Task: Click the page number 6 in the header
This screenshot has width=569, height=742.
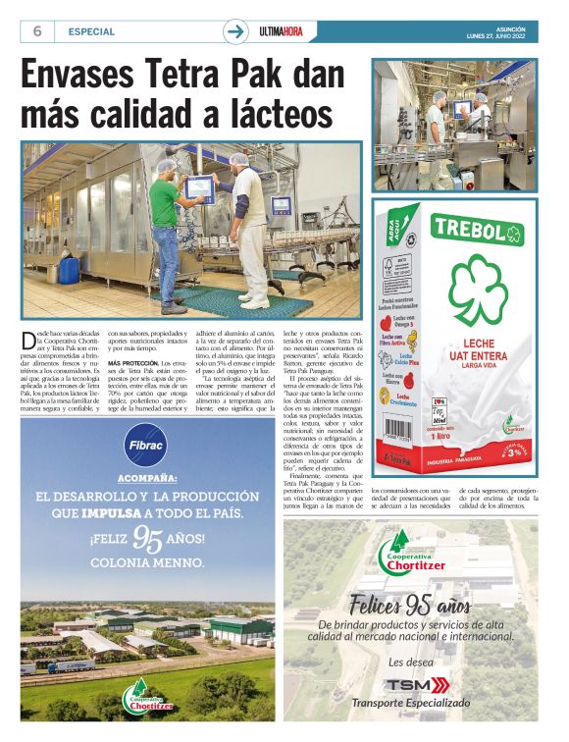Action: (x=36, y=31)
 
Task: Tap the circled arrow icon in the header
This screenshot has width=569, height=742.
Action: (x=235, y=31)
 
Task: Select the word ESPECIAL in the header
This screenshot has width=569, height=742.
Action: (x=91, y=31)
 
